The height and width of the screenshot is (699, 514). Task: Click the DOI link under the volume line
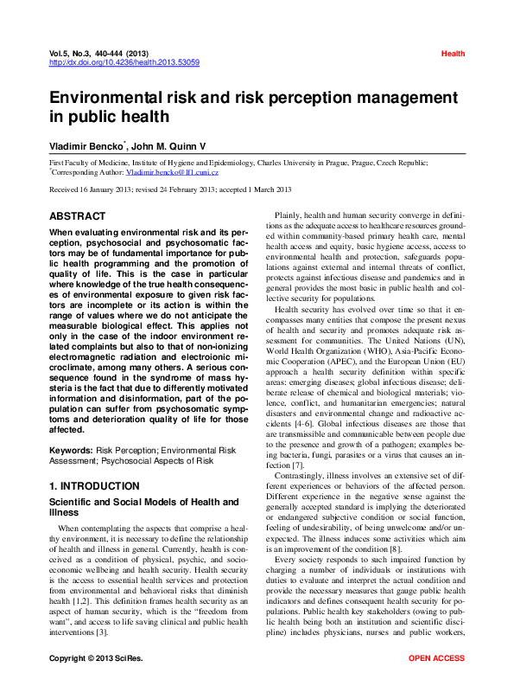124,62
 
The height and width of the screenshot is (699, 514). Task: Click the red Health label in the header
453,54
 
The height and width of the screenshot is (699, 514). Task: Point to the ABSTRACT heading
78,216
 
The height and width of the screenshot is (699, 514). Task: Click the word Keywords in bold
70,451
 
